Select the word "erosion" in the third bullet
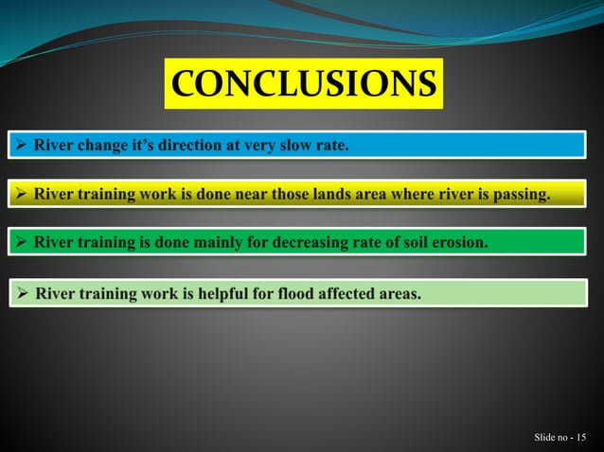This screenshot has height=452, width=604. [457, 243]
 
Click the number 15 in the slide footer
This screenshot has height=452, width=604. [578, 437]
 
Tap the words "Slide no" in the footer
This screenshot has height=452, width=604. [550, 437]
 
